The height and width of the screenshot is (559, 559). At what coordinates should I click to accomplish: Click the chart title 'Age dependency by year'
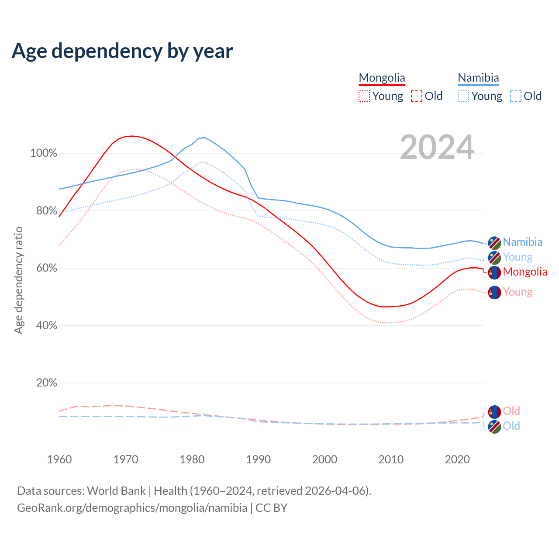(122, 51)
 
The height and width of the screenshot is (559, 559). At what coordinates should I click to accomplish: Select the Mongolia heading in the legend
(382, 78)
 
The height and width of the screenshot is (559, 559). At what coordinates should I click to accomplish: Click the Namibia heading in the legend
(478, 78)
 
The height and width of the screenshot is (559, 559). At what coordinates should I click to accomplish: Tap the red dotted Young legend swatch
(364, 96)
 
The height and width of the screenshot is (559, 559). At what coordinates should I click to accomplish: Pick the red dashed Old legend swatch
(417, 96)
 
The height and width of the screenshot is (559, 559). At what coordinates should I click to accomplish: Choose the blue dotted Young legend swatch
(463, 96)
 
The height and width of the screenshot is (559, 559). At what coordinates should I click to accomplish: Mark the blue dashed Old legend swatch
(516, 96)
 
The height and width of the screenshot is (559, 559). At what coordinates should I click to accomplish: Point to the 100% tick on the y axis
(44, 153)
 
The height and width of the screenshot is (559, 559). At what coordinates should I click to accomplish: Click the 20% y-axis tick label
(47, 383)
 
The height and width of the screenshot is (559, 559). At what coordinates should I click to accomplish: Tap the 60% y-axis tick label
(47, 268)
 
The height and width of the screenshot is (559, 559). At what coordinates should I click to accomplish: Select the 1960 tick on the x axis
(59, 459)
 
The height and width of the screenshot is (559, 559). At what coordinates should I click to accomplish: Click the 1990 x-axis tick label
(259, 459)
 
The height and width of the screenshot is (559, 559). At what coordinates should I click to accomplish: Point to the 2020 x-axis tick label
(457, 459)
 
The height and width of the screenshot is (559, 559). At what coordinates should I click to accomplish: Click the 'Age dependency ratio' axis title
(18, 280)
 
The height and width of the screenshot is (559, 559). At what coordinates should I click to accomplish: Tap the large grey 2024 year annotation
(437, 148)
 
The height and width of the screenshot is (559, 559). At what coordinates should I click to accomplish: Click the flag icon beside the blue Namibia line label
(494, 242)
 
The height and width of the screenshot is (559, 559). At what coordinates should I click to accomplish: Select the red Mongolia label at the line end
(525, 272)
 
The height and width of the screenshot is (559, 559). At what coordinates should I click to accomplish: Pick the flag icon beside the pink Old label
(494, 411)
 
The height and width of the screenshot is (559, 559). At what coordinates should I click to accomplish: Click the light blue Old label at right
(511, 426)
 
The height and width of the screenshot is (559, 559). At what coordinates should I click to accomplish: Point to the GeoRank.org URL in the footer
(132, 508)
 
